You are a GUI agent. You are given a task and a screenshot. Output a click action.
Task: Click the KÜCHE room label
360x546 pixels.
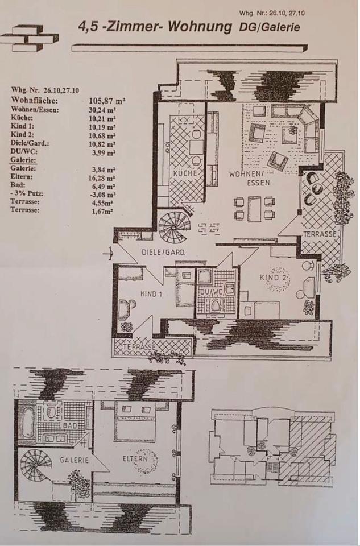click(185, 173)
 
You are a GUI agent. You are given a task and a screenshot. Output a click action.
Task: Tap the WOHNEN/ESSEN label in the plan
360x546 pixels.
click(250, 178)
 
